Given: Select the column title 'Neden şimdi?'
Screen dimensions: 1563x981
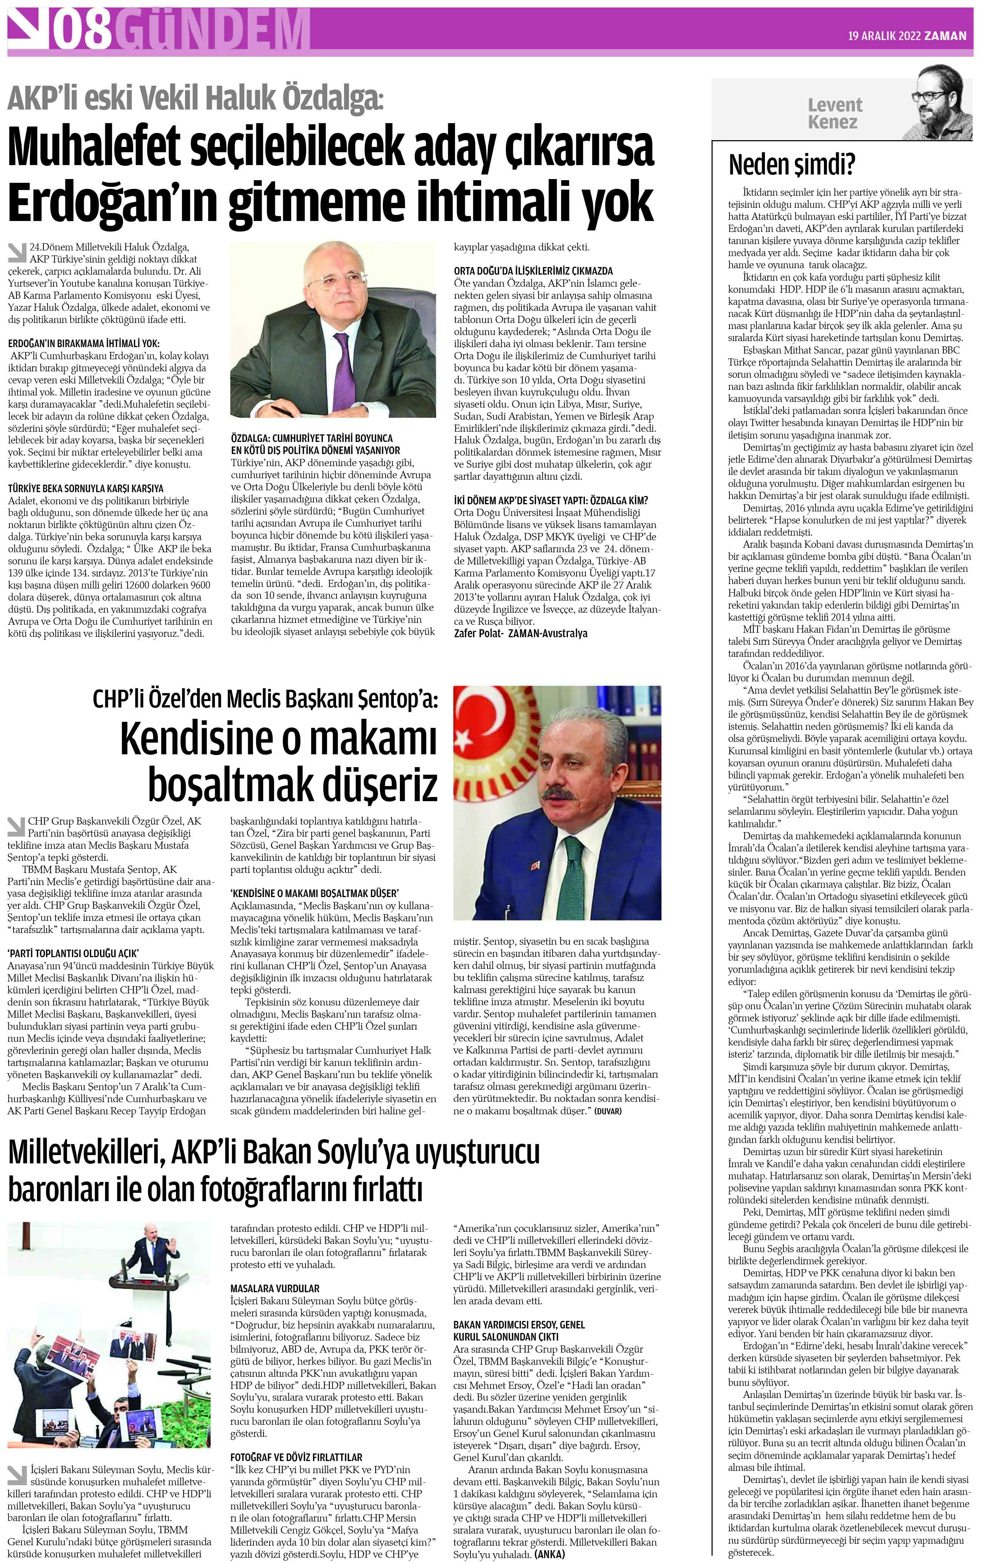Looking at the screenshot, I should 791,165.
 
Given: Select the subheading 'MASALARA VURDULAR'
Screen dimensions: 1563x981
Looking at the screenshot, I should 275,1288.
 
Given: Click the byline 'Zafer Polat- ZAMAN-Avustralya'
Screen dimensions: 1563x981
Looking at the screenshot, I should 520,633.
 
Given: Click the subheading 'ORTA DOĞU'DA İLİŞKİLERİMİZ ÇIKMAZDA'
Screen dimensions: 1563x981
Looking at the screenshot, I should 533,270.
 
